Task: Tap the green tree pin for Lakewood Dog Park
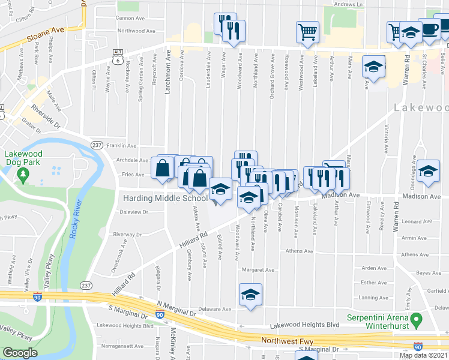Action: click(23, 175)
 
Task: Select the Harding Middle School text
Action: click(164, 198)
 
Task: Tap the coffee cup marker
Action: click(430, 30)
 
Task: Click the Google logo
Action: click(19, 353)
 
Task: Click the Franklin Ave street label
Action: click(122, 146)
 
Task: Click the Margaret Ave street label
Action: click(258, 270)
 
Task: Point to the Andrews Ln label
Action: click(349, 4)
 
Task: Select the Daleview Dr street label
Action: click(133, 212)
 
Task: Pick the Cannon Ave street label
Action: click(131, 18)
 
